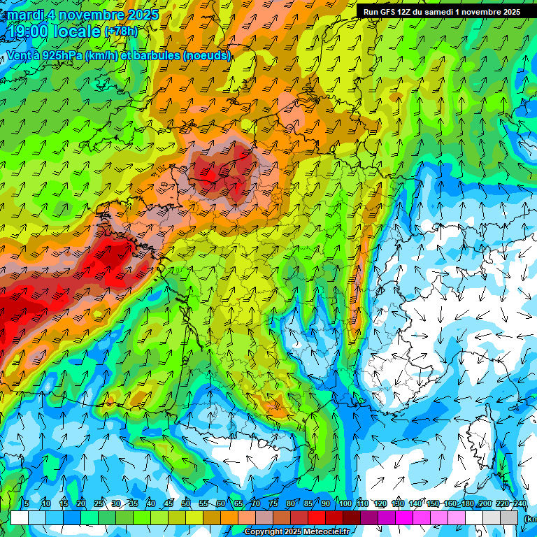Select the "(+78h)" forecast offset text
(x=121, y=32)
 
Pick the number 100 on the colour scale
(x=345, y=504)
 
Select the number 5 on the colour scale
(x=27, y=504)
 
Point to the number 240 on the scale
(x=520, y=504)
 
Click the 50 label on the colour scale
(x=186, y=504)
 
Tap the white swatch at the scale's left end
(x=20, y=517)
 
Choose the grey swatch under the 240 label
(x=510, y=517)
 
